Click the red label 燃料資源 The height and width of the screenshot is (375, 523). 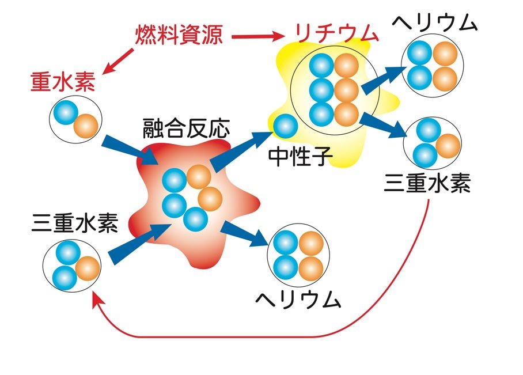point(178,36)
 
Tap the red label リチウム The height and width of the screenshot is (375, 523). point(336,34)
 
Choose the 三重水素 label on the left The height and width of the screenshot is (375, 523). point(75,222)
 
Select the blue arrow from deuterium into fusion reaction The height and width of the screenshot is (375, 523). point(127,149)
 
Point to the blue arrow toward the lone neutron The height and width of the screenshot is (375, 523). point(239,151)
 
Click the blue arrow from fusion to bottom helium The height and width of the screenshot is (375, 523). point(244,233)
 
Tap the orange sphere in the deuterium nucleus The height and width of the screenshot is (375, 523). point(86,126)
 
